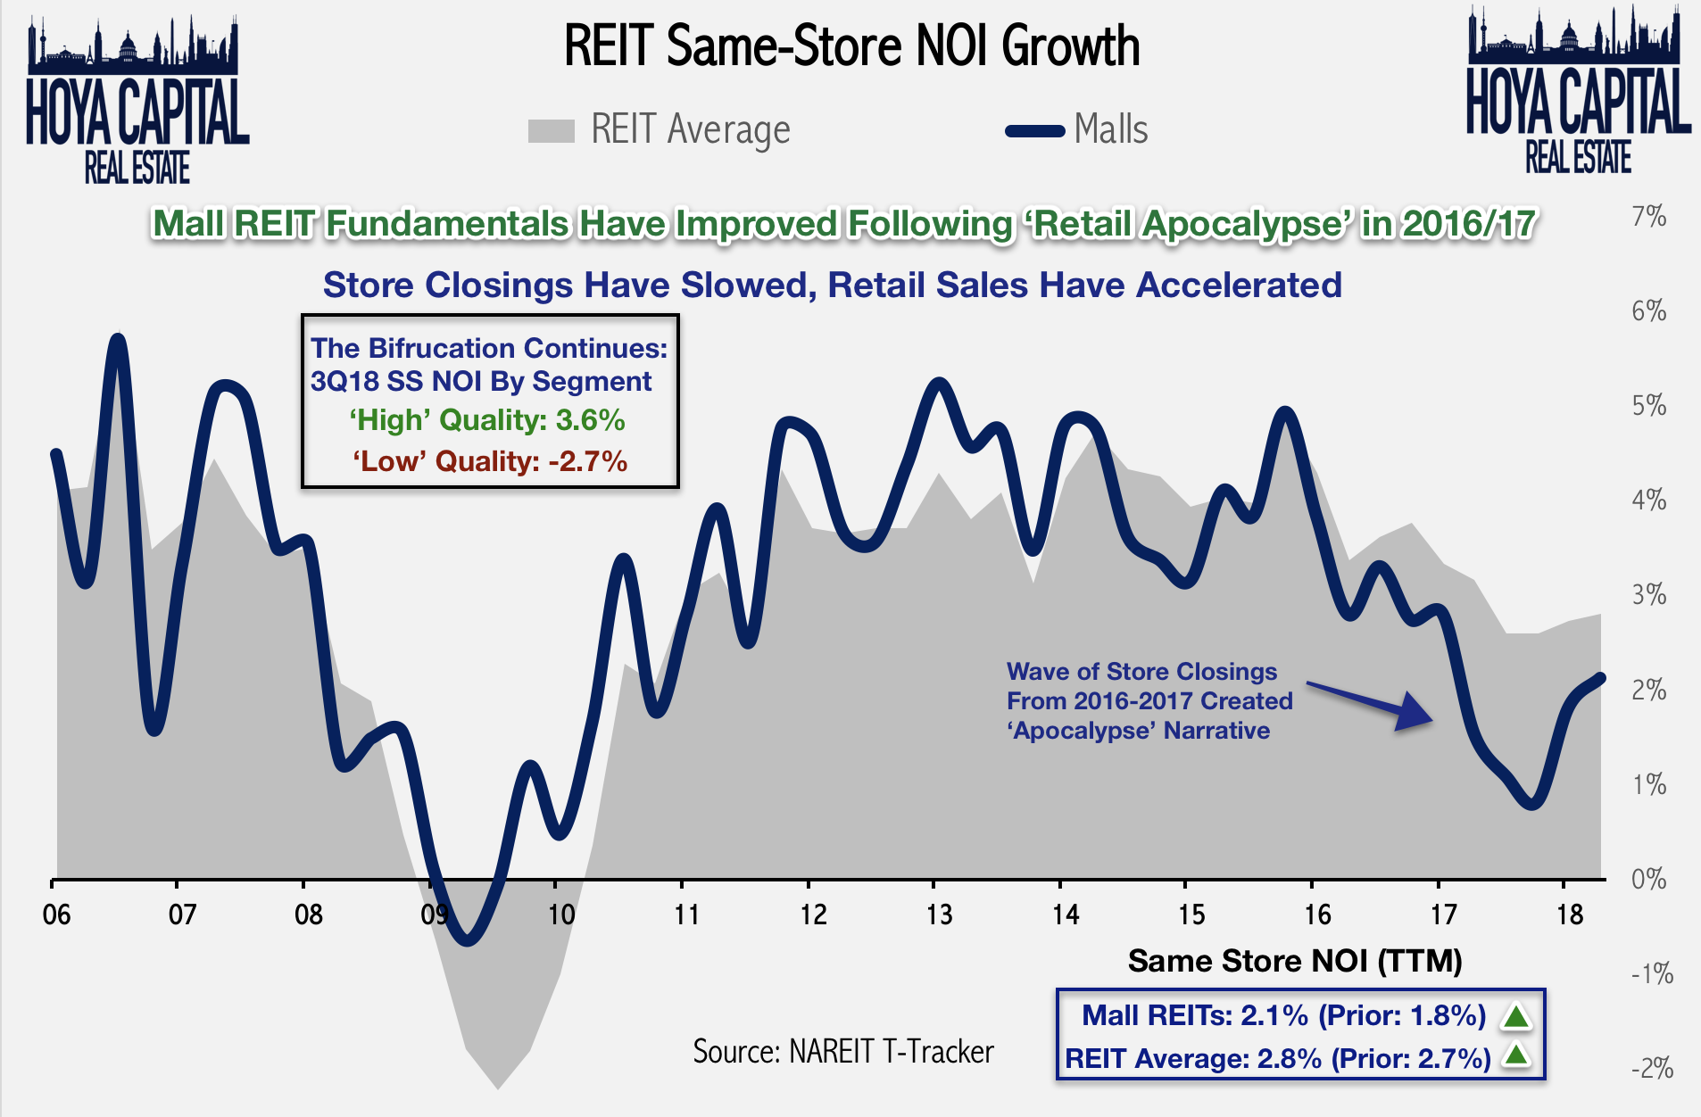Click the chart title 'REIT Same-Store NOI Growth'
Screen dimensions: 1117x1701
[851, 46]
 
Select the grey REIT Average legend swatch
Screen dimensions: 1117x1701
[551, 131]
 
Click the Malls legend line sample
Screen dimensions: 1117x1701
[1034, 131]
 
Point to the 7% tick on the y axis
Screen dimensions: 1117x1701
[1648, 217]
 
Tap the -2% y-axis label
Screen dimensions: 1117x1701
[1651, 1068]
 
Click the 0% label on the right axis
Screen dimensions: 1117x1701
[1648, 879]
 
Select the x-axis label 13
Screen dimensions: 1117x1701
[938, 914]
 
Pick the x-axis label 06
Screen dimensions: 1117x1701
[56, 914]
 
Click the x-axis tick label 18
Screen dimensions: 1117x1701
[1569, 914]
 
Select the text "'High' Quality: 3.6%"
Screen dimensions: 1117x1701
[486, 420]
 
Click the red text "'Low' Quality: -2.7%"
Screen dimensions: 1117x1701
[489, 461]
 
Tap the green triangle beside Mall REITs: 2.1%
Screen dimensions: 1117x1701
[1516, 1016]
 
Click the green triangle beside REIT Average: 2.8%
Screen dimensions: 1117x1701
[1516, 1056]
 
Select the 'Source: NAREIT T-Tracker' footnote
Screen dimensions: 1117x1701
[842, 1052]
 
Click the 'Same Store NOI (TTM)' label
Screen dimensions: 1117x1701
[1294, 961]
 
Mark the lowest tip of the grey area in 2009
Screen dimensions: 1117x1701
[497, 1087]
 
